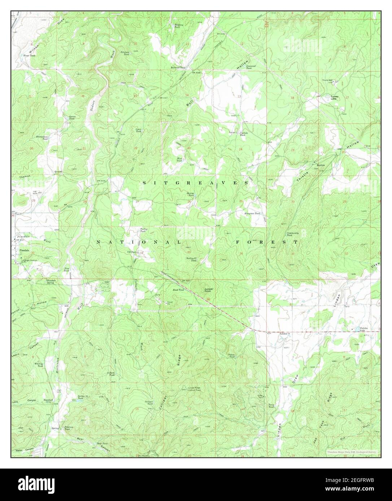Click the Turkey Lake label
[332, 98]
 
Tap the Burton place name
[321, 165]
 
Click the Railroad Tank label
[178, 67]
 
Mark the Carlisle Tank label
[243, 134]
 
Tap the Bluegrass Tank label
[252, 213]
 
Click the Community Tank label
[293, 234]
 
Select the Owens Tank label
[71, 118]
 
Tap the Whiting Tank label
[39, 365]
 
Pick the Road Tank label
[178, 290]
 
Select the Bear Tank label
[102, 444]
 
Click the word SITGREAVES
[195, 183]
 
